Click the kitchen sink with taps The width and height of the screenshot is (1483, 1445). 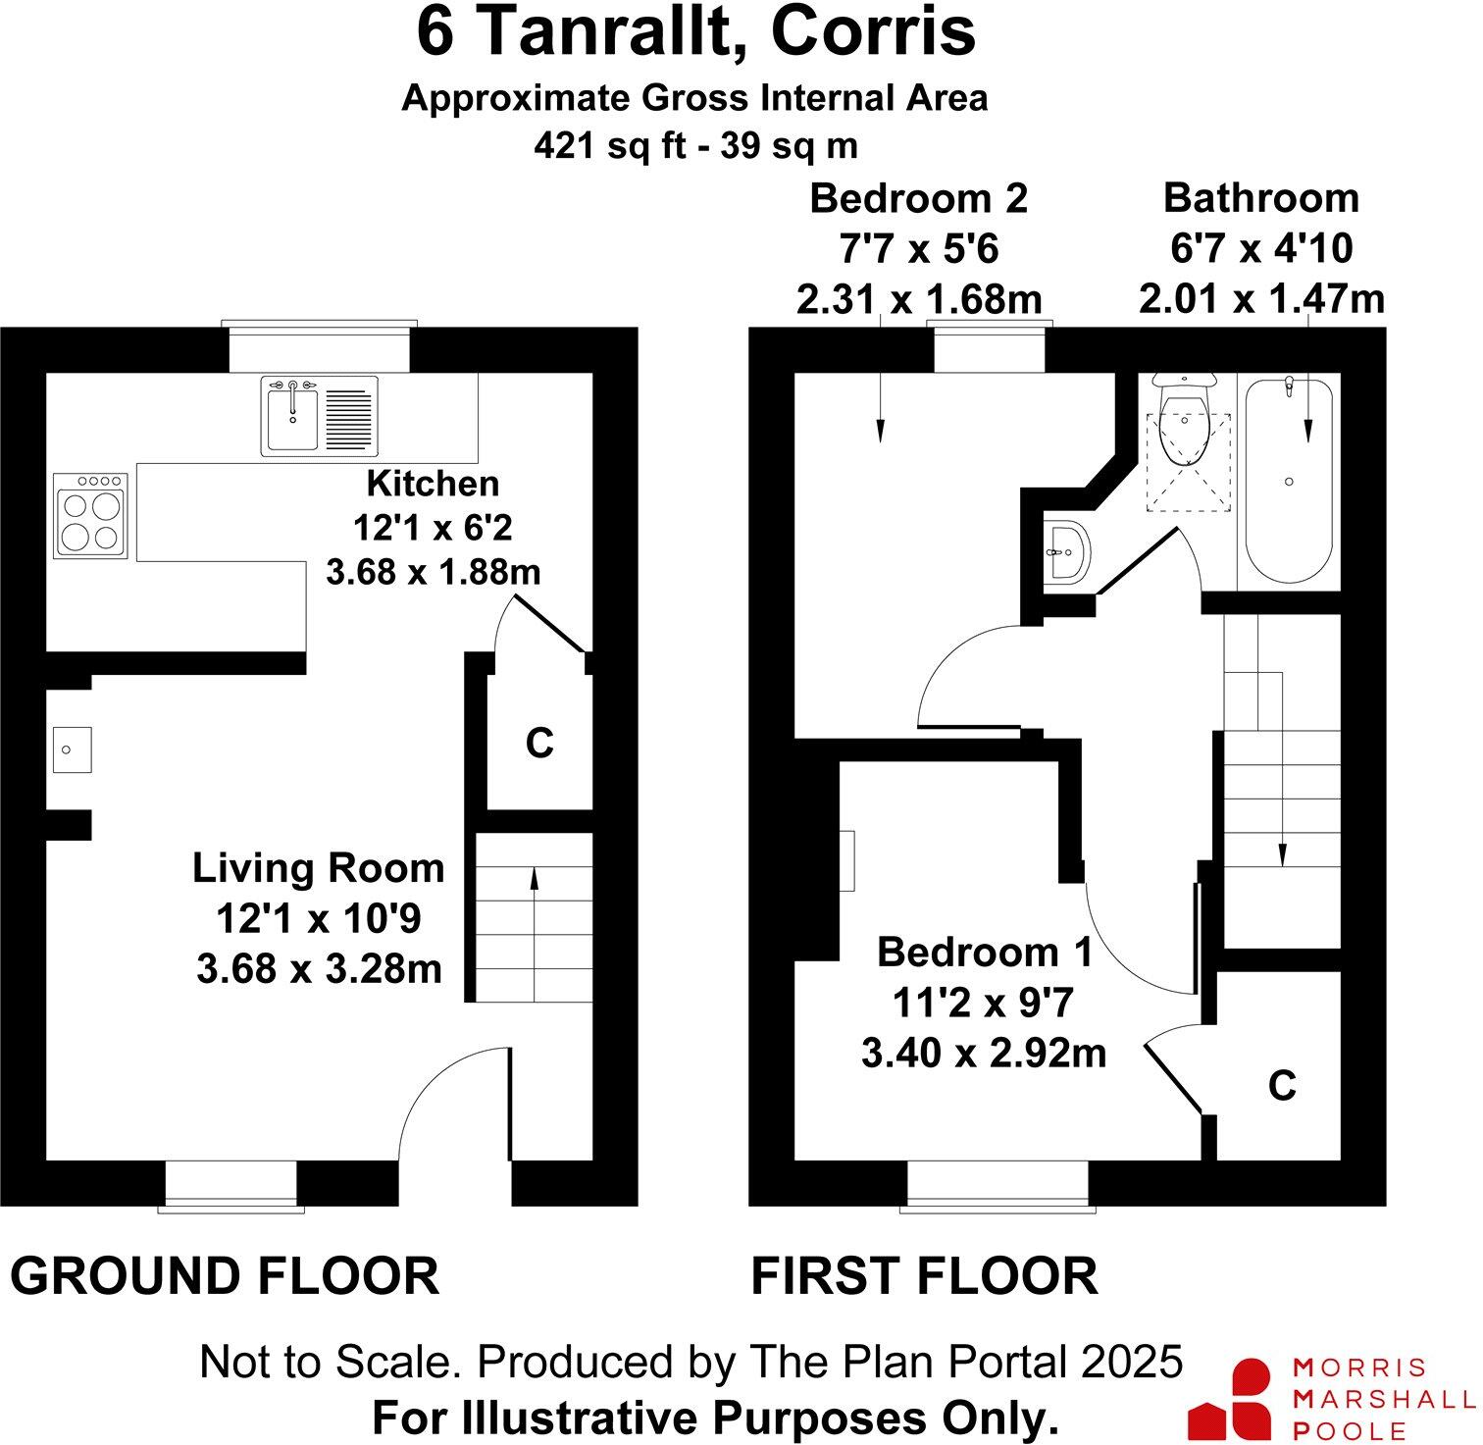[320, 415]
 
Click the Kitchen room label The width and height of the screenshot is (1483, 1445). [433, 484]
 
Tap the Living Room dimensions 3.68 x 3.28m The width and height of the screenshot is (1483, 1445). [319, 969]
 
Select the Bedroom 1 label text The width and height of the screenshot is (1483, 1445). [984, 952]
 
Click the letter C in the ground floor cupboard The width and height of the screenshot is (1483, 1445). [539, 744]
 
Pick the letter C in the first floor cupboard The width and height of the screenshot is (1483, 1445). [1282, 1085]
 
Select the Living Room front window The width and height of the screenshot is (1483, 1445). [230, 1185]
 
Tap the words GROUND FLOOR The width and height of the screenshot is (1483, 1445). [225, 1276]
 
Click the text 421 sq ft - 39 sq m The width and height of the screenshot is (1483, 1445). [695, 146]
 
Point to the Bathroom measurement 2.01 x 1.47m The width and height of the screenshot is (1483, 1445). [1261, 298]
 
